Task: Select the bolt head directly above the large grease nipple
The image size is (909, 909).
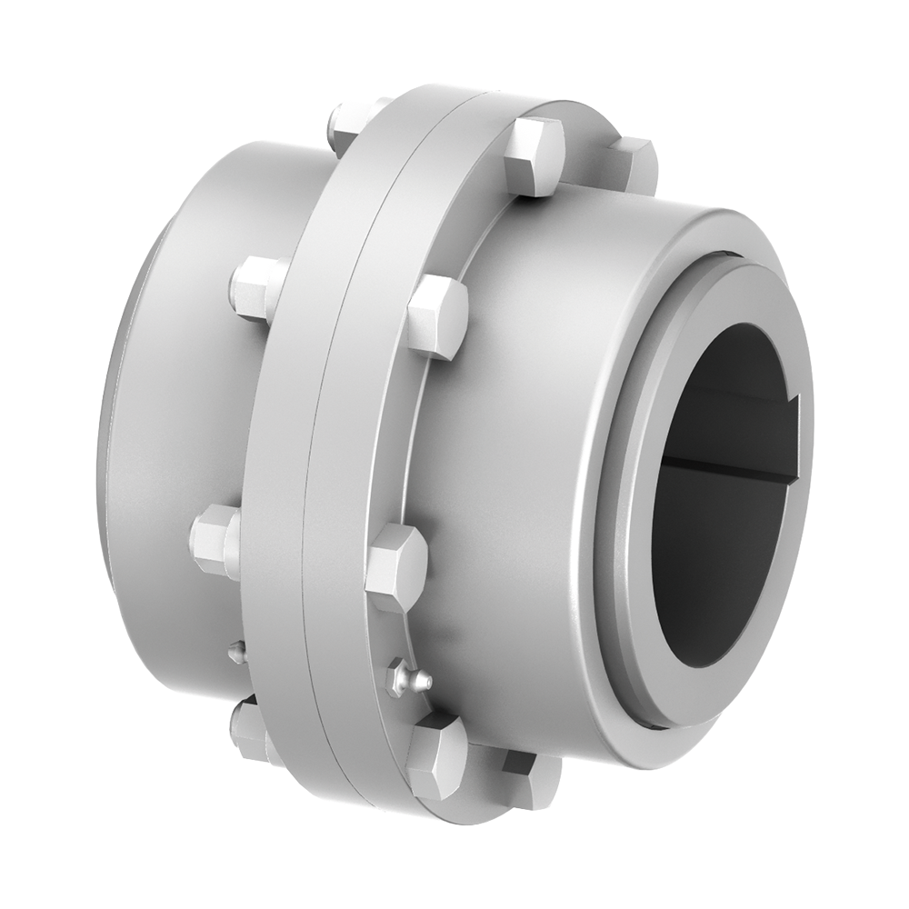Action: point(397,564)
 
